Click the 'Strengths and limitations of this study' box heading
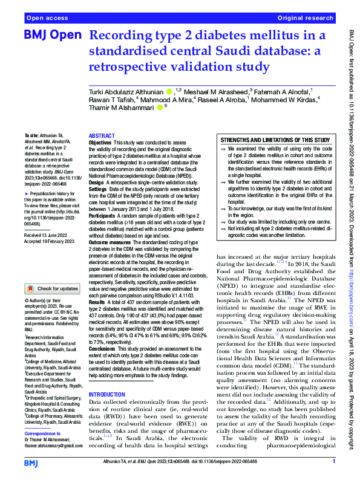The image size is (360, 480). coord(275,139)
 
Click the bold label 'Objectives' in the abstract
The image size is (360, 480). coord(100,143)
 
